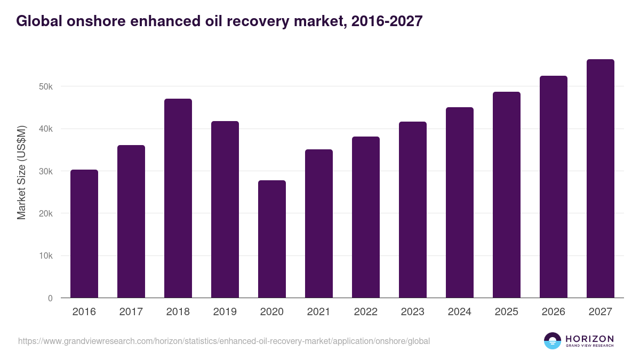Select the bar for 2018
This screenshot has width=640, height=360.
pyautogui.click(x=178, y=198)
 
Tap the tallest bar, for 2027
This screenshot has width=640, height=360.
pyautogui.click(x=600, y=179)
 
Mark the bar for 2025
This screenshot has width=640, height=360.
pyautogui.click(x=506, y=195)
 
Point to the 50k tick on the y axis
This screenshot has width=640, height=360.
pyautogui.click(x=46, y=86)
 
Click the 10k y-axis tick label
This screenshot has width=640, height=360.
pyautogui.click(x=46, y=256)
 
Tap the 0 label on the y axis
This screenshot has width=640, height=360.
pyautogui.click(x=50, y=299)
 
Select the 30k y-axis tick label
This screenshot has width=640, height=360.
pyautogui.click(x=46, y=171)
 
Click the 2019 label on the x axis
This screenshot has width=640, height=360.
pyautogui.click(x=225, y=312)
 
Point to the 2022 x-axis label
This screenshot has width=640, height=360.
pyautogui.click(x=365, y=312)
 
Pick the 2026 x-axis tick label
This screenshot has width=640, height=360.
pyautogui.click(x=553, y=312)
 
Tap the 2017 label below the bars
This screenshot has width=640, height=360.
pyautogui.click(x=131, y=312)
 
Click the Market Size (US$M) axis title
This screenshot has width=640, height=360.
pyautogui.click(x=21, y=172)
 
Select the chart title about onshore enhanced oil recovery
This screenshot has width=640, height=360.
pyautogui.click(x=219, y=21)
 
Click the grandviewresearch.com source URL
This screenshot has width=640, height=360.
pyautogui.click(x=223, y=341)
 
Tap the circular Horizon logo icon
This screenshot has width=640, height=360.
pyautogui.click(x=553, y=341)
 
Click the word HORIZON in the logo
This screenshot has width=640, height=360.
pyautogui.click(x=589, y=338)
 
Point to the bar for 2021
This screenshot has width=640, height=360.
pyautogui.click(x=318, y=223)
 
